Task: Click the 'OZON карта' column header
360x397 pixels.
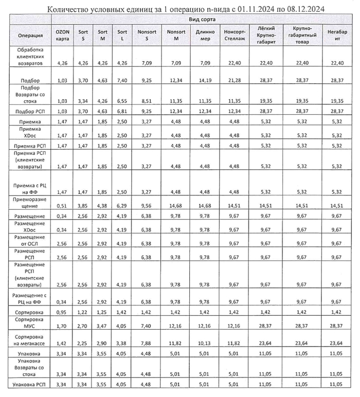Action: (62, 35)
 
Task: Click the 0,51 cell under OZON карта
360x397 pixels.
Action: (62, 205)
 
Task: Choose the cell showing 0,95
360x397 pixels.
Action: (62, 312)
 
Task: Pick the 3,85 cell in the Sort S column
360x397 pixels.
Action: (83, 205)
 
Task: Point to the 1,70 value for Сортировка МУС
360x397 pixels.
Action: (62, 326)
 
